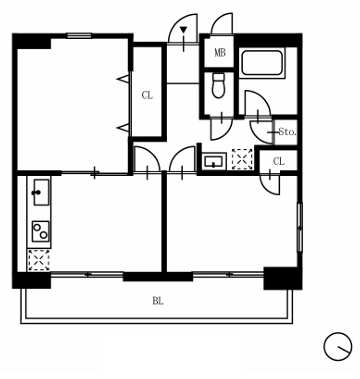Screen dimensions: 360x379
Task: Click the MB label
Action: coord(220,53)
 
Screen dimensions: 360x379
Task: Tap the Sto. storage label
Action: coord(287,132)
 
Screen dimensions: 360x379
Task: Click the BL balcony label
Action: coord(158,301)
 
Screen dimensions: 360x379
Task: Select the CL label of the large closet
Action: coord(147,96)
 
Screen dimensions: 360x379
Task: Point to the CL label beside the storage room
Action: coord(279,162)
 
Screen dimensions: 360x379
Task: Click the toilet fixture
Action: coord(219,86)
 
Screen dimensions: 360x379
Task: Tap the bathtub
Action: coord(262,63)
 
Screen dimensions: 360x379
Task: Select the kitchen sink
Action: coord(41,192)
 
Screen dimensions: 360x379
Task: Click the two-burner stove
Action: coord(40,231)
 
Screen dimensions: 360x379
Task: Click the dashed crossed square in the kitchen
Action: coord(39,260)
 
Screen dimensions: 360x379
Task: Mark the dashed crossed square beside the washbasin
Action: coord(242,159)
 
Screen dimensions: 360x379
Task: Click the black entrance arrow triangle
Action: coord(183,30)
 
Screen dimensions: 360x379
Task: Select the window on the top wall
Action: coord(79,35)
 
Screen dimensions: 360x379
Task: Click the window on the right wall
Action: coord(300,227)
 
